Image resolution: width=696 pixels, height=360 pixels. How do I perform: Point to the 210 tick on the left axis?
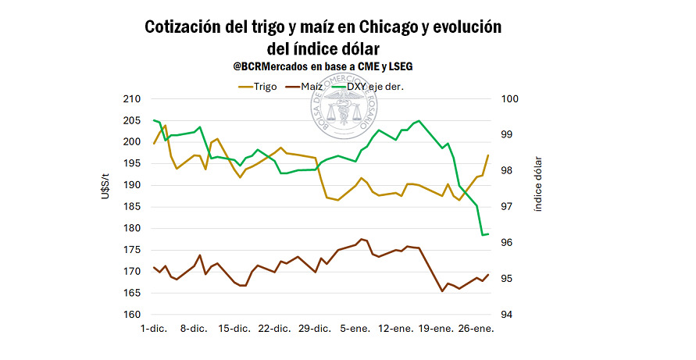(131, 99)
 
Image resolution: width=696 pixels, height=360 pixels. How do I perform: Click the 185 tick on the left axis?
(131, 207)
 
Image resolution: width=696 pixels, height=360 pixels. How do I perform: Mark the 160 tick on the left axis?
(131, 315)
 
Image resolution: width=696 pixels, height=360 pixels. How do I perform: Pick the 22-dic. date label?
(275, 330)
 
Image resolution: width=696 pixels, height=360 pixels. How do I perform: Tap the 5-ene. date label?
(355, 330)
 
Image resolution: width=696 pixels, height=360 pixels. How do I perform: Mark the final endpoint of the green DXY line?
(488, 234)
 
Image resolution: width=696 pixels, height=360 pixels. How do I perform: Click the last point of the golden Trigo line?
(488, 155)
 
